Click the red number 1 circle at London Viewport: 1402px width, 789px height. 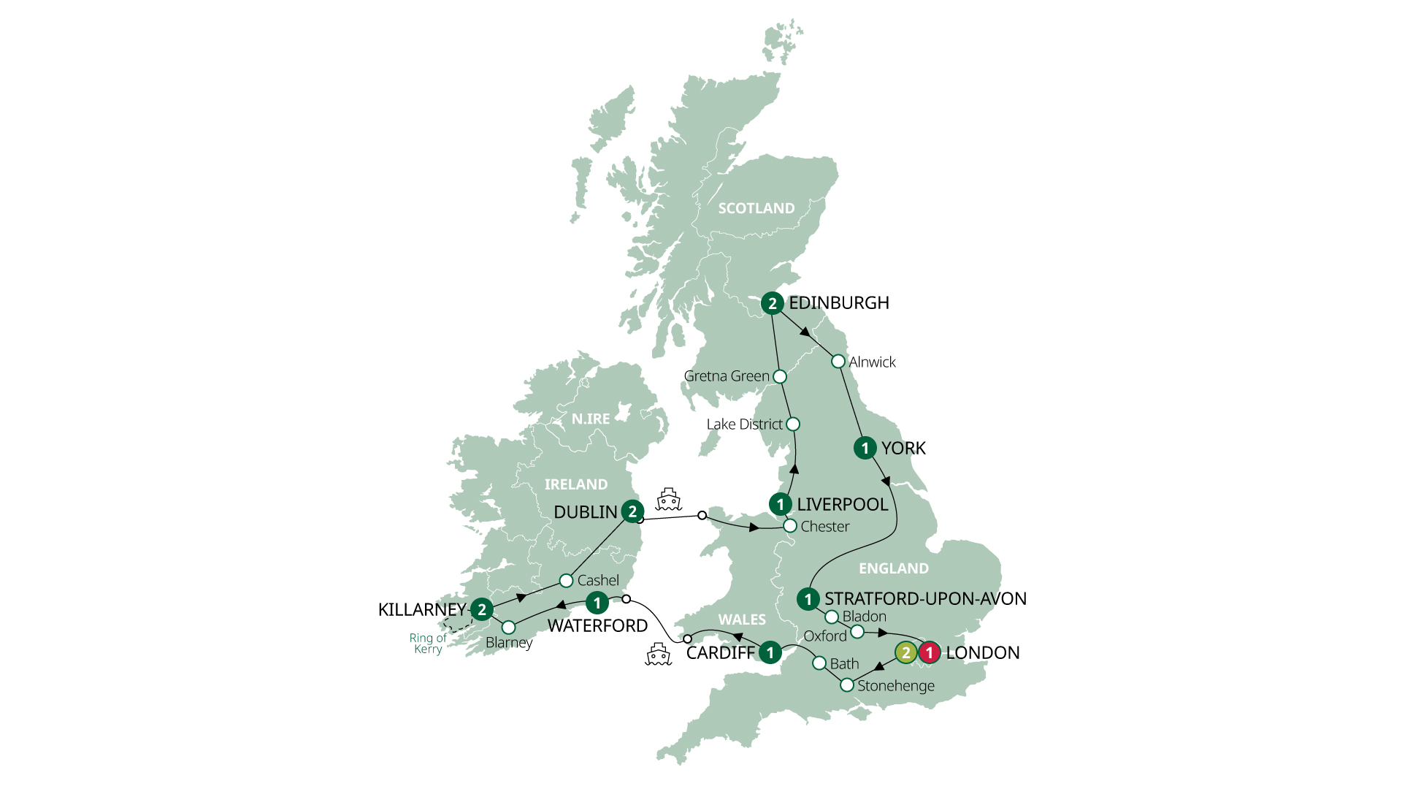pos(930,652)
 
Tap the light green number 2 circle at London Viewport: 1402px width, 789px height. pos(905,652)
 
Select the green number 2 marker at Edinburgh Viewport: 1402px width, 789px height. pos(772,303)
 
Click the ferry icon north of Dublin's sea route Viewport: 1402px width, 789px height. pos(668,499)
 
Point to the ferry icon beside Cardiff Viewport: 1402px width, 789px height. pos(658,655)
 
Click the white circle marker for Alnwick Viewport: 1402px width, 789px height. pos(838,362)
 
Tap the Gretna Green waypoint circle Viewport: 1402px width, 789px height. pos(780,377)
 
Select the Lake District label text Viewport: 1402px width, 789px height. pos(744,424)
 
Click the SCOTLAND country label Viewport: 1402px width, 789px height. pos(756,209)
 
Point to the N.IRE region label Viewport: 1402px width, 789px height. pos(590,419)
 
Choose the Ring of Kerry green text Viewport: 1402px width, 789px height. pos(428,643)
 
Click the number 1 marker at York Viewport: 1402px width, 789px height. pos(865,448)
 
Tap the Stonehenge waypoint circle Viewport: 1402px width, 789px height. pos(847,685)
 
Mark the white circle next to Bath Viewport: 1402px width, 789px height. pos(820,663)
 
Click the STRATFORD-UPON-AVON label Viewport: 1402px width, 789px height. pos(925,599)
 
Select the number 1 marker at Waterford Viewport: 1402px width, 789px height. pos(597,603)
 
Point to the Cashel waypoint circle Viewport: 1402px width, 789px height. pos(566,581)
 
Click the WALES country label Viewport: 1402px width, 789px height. pos(742,620)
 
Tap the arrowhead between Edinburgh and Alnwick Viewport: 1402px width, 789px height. pos(805,332)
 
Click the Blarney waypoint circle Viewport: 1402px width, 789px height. pos(509,628)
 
